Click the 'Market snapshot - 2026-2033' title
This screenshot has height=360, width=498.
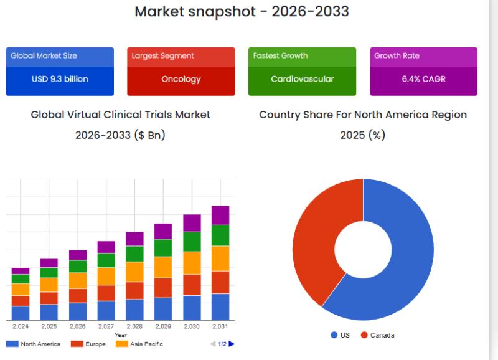pos(242,11)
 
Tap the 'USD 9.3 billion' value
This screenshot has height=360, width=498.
pos(60,79)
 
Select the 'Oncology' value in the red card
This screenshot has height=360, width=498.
pos(181,79)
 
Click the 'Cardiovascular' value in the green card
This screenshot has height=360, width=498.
pos(302,79)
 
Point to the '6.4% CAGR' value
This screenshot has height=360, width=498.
pos(423,79)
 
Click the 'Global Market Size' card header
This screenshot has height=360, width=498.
pos(44,56)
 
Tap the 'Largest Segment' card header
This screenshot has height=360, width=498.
pos(162,56)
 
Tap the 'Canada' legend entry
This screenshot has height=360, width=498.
pos(382,335)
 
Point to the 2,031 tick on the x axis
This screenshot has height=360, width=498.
pos(220,326)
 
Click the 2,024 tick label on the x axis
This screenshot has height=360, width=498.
pos(21,326)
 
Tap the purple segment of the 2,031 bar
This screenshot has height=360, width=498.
pos(220,215)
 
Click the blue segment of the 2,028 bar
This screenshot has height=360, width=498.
pos(134,310)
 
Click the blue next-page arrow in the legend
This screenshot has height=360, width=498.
pos(232,344)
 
